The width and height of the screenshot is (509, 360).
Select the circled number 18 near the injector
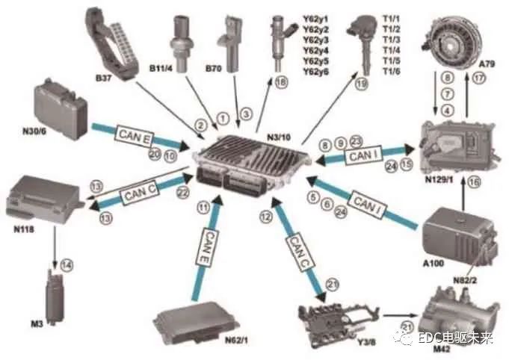[x=280, y=83]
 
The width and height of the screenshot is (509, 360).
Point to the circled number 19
[x=362, y=84]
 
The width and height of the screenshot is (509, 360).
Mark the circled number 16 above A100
[x=474, y=181]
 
